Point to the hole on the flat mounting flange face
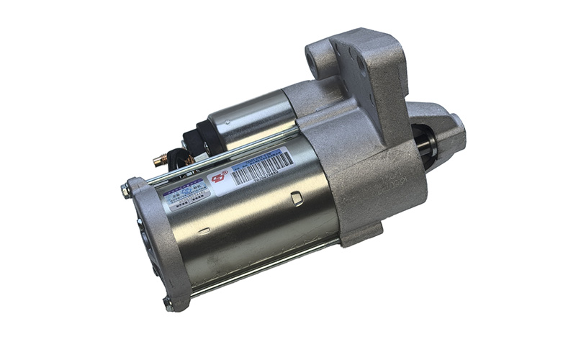pos(361,65)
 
